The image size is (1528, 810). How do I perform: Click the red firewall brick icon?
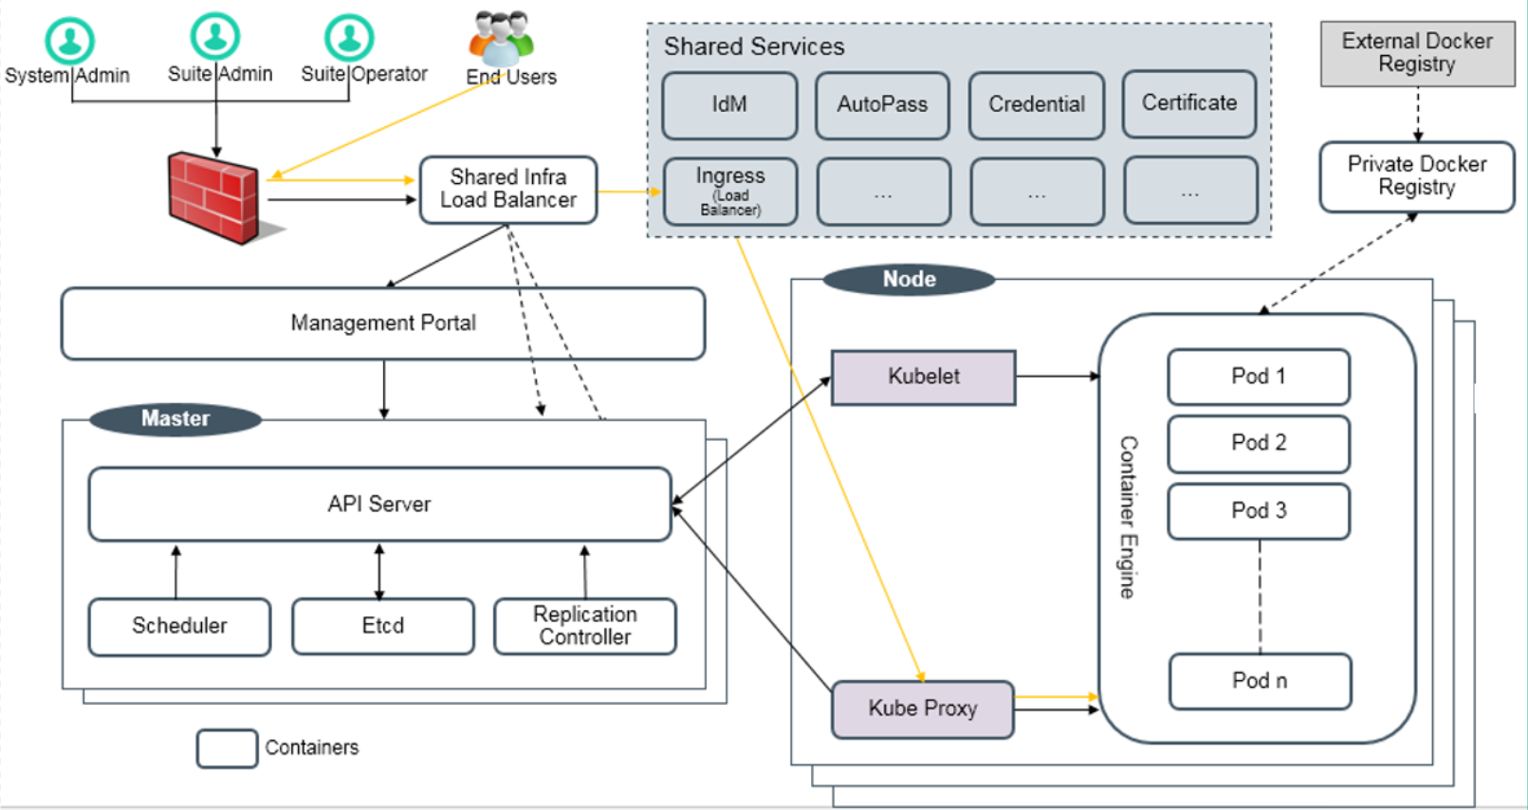pos(213,197)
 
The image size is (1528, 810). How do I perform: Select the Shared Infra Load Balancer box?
pos(508,190)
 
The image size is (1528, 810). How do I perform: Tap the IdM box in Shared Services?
pos(729,105)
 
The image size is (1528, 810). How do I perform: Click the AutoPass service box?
pos(882,105)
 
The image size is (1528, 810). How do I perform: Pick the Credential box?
pos(1036,105)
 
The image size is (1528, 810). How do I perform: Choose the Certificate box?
pos(1188,103)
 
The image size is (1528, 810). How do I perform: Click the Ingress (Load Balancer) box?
pos(729,192)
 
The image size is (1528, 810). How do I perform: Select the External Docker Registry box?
pos(1417,53)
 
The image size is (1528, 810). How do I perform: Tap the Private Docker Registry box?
pos(1416,176)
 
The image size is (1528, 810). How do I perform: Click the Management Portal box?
pos(383,323)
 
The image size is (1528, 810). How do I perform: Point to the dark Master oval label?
pos(175,418)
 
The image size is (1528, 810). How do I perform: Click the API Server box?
pos(379,504)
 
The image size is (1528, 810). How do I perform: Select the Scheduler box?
pos(179,626)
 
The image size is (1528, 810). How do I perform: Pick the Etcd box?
pos(382,626)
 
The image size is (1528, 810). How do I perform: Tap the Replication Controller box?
pos(584,626)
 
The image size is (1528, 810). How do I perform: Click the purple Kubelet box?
pos(923,377)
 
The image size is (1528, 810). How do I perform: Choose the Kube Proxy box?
pos(922,709)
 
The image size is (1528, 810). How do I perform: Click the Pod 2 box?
pos(1258,443)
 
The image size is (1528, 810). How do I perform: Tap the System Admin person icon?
pos(69,41)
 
